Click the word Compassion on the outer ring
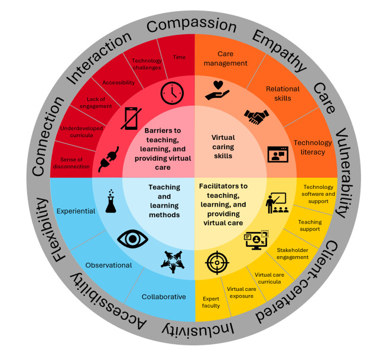(x=191, y=25)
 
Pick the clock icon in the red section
(x=172, y=93)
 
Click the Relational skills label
(x=282, y=93)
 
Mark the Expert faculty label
(x=211, y=302)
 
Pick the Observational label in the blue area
(x=109, y=265)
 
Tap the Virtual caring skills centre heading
(x=223, y=146)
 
